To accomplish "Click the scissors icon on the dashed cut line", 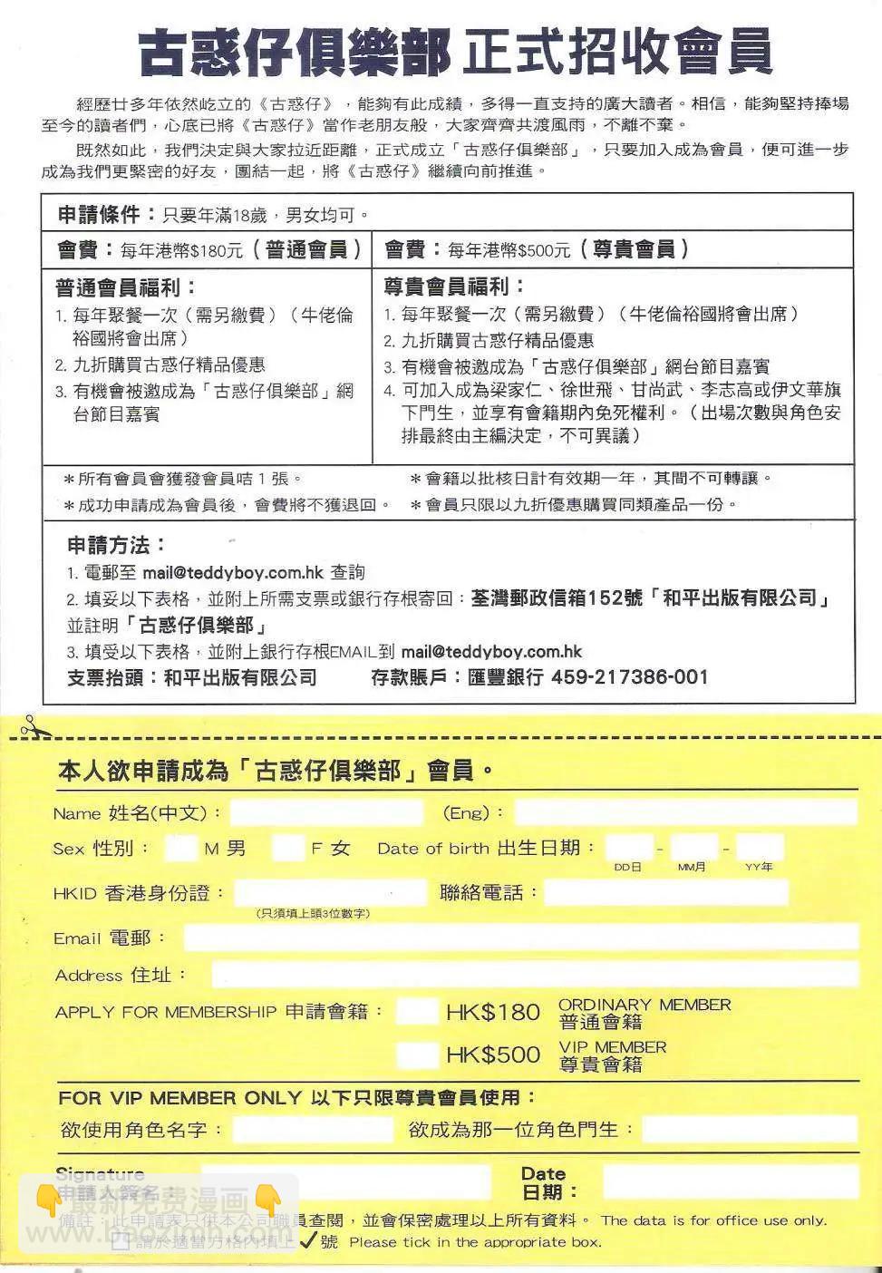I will (x=33, y=726).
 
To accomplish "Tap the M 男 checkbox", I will (x=180, y=849).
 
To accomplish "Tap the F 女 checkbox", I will (x=288, y=849).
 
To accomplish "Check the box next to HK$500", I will (x=417, y=1054).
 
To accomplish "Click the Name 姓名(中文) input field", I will (x=326, y=812).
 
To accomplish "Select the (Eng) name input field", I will (x=685, y=812).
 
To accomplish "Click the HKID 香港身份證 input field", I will (x=330, y=893).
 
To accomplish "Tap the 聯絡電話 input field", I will (x=666, y=893).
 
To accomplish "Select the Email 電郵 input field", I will (x=520, y=938).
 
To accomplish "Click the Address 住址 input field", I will (x=535, y=975).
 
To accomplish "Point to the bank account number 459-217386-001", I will (x=630, y=677).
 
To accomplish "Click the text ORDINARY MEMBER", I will (x=645, y=1005).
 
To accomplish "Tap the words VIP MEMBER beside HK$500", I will (x=613, y=1047).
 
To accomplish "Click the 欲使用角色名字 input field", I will (x=313, y=1130).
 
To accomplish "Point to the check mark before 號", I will (x=308, y=1240).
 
